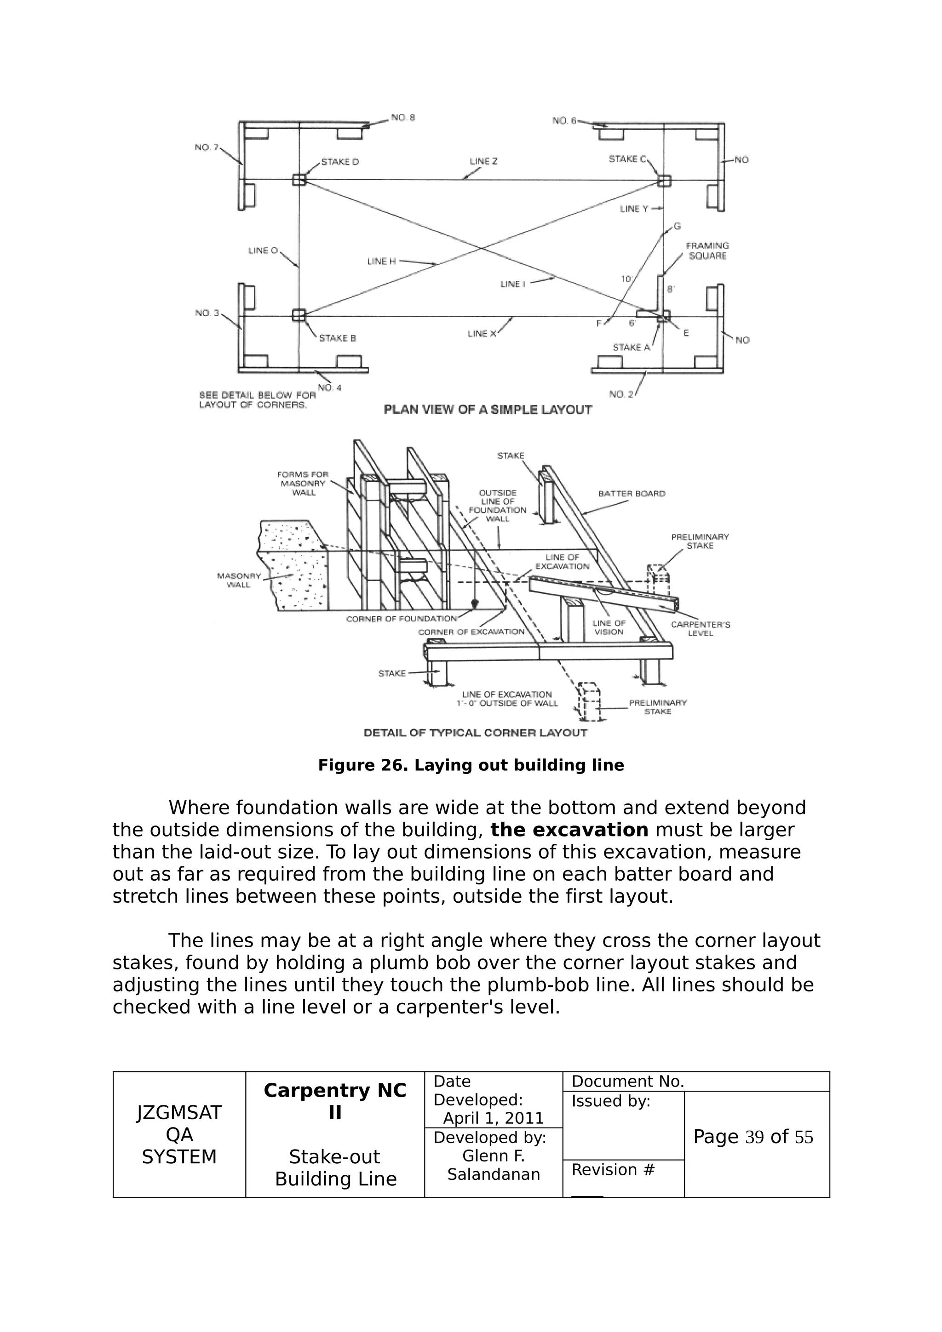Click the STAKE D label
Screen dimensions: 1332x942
tap(339, 162)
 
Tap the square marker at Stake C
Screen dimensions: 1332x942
tap(664, 181)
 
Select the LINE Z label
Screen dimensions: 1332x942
tap(483, 161)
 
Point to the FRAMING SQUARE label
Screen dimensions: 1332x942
tap(707, 250)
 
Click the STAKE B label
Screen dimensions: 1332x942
tap(337, 338)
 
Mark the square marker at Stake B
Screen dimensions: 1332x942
tap(299, 315)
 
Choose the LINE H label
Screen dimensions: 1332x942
tap(381, 262)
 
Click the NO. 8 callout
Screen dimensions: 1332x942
tap(403, 118)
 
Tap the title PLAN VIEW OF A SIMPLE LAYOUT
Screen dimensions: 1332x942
tap(488, 410)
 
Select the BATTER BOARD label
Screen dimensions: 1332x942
tap(632, 494)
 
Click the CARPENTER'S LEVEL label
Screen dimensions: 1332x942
tap(700, 629)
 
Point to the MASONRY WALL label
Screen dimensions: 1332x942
tap(239, 580)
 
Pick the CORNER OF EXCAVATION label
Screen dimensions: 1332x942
tap(471, 632)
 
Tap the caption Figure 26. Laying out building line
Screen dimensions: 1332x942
tap(471, 765)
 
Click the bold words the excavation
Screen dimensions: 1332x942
tap(569, 830)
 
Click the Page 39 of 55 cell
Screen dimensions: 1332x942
tap(753, 1137)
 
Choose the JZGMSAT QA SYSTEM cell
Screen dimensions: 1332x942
tap(179, 1135)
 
